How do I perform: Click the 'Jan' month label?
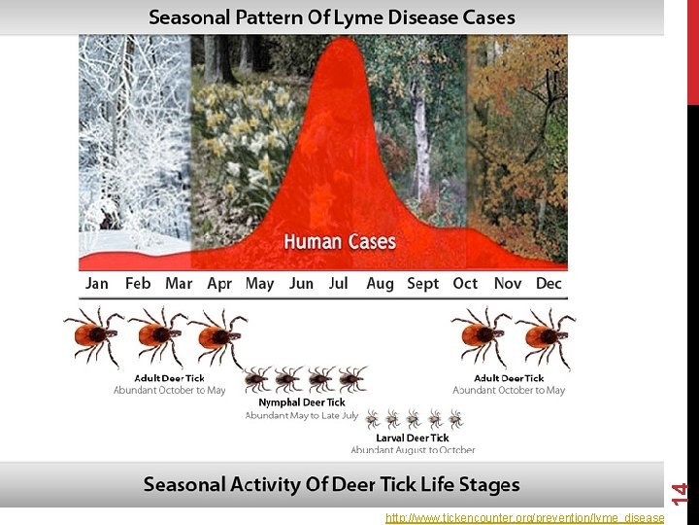coord(97,284)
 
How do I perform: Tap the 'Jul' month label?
coord(338,284)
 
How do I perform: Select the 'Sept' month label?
coord(422,284)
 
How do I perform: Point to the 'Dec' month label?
coord(549,284)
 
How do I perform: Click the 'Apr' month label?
coord(219,284)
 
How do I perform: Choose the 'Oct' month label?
coord(465,284)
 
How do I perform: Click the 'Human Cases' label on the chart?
coord(340,241)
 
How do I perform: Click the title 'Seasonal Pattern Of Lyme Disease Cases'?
coord(332,17)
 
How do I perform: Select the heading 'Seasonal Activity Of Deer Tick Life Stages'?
coord(332,484)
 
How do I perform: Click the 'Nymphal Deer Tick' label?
coord(302,402)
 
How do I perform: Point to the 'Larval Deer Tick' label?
coord(413,438)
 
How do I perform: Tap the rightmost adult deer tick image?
coord(545,335)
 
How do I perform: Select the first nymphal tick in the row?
coord(257,379)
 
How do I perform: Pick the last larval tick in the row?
coord(455,419)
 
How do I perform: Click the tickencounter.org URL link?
coord(524,518)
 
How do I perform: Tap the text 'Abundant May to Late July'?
coord(302,415)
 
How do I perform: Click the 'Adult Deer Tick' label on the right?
coord(509,378)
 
